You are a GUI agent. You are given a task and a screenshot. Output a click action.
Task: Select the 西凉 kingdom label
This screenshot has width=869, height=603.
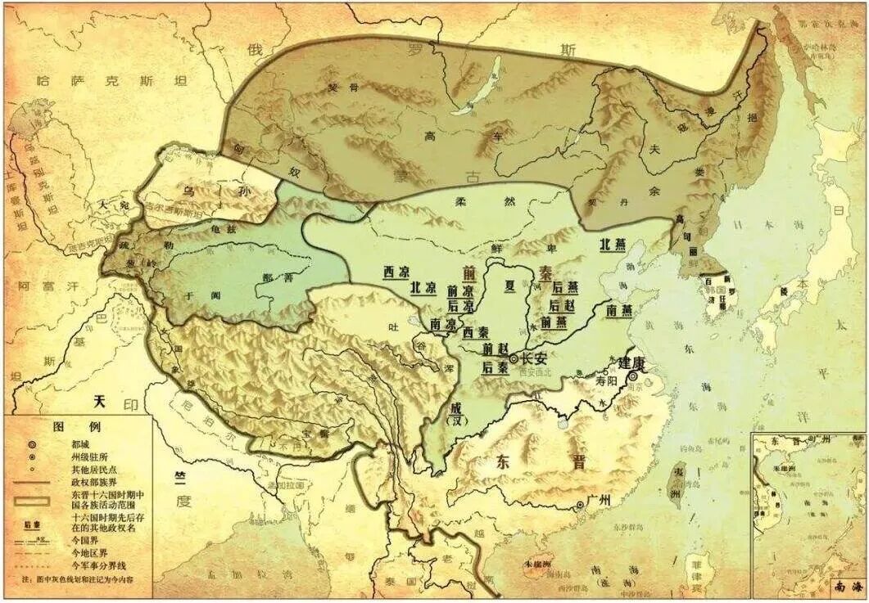[397, 272]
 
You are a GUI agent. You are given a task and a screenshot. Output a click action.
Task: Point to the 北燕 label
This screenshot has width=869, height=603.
[616, 244]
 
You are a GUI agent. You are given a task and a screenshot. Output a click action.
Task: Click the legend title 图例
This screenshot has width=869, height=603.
[65, 427]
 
